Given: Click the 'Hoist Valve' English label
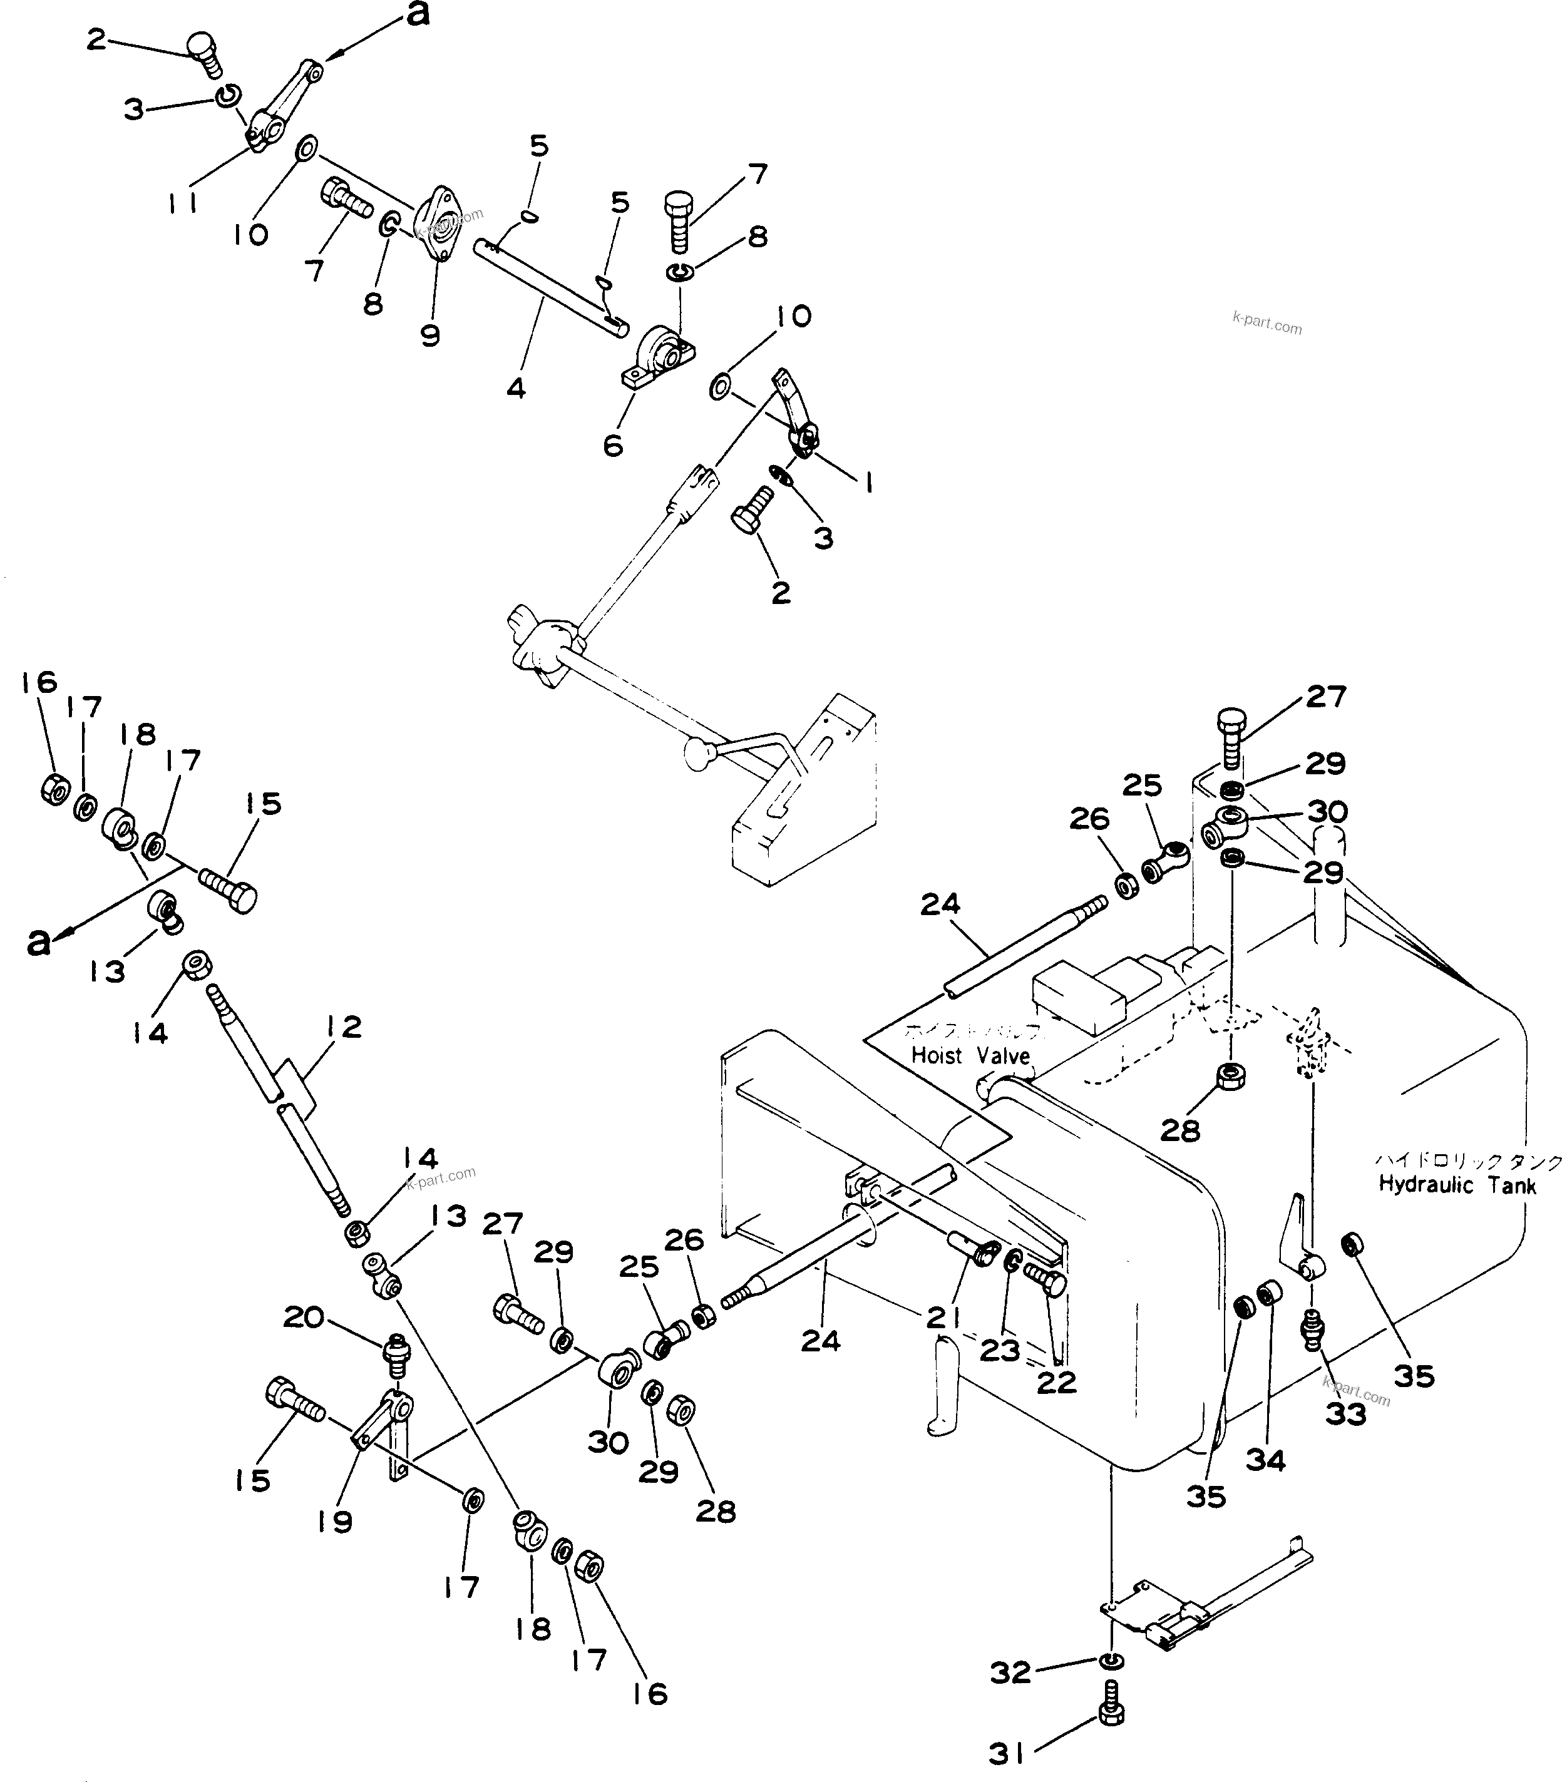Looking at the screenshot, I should click(x=970, y=1055).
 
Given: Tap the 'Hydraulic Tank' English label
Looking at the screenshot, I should click(x=1457, y=1184).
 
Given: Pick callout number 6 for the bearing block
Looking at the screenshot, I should click(x=613, y=445).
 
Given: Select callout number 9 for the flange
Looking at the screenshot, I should click(x=429, y=335).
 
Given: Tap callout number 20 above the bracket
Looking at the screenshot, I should click(x=304, y=1318).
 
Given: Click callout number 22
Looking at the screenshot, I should click(x=1056, y=1382).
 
